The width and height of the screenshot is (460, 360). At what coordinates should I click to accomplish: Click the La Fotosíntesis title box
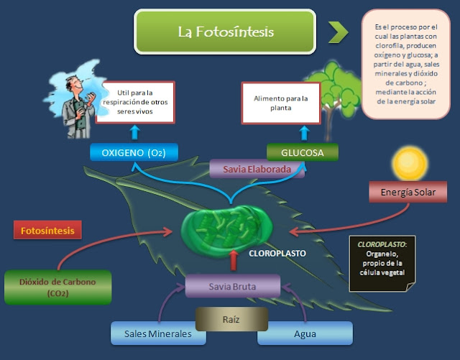tap(225, 32)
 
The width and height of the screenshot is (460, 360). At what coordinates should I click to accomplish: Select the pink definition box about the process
tap(406, 63)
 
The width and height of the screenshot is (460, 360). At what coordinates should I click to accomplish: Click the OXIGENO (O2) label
tap(134, 152)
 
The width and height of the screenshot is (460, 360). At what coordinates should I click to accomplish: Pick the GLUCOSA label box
tap(302, 152)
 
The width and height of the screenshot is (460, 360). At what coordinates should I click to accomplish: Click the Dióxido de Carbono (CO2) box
tap(57, 287)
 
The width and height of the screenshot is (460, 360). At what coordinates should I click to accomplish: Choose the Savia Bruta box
tap(232, 285)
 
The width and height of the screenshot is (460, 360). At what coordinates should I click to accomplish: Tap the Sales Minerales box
tap(152, 333)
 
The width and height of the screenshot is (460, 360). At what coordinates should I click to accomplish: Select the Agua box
tap(305, 333)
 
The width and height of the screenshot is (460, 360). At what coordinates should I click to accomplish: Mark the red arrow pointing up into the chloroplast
tap(232, 259)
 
